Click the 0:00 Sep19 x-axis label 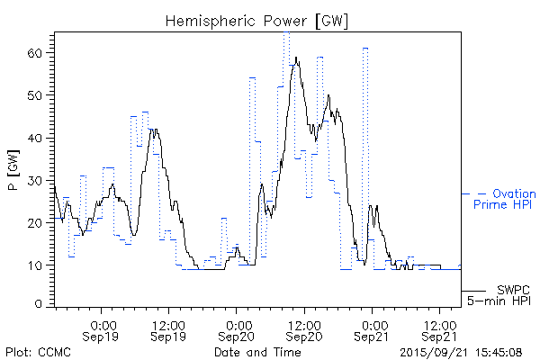102,329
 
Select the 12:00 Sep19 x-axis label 169,329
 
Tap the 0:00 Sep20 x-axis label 237,329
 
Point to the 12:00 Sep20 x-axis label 304,329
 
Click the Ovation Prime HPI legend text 504,199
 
